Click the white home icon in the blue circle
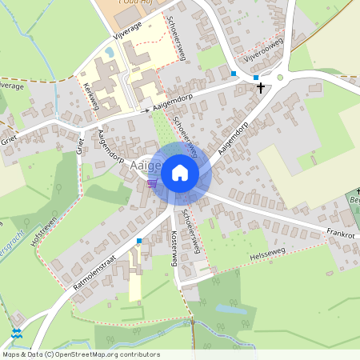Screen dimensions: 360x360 [180, 173]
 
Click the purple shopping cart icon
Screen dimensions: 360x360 [151, 183]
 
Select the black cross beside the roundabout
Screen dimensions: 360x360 [261, 87]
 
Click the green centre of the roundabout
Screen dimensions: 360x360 [280, 78]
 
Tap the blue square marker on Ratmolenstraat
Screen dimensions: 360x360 [139, 241]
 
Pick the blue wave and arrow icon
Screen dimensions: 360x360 [17, 334]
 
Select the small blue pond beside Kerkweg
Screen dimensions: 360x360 [109, 52]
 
